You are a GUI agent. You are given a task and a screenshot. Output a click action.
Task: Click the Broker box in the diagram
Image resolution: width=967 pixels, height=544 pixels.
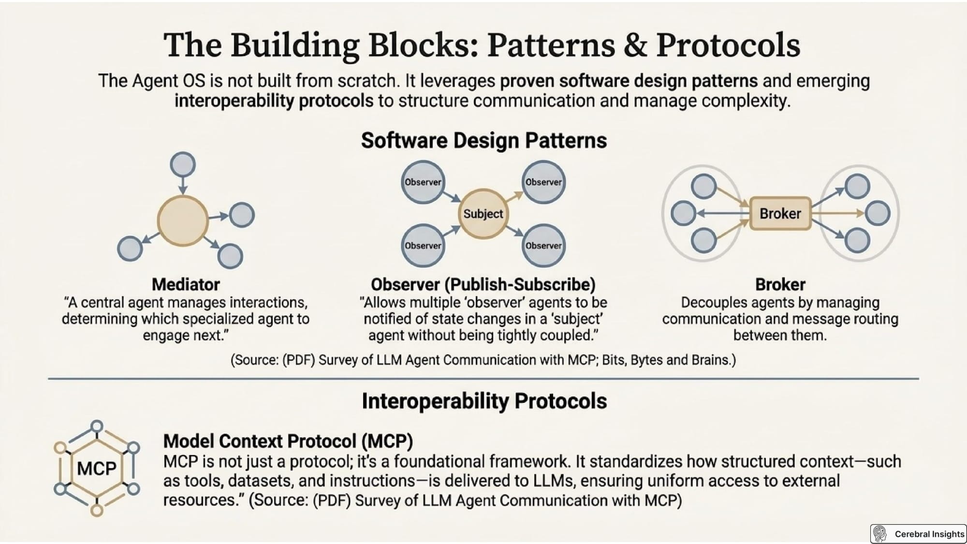tap(780, 213)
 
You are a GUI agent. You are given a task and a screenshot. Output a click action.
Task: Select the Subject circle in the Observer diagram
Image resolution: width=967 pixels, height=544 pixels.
tap(483, 213)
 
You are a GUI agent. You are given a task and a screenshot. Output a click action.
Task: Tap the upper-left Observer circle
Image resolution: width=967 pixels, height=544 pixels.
tap(423, 182)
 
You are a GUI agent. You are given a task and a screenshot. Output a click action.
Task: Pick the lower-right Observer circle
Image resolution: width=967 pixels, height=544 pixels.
tap(543, 245)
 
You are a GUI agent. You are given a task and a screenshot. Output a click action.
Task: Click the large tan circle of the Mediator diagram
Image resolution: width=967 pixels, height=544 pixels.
tap(183, 221)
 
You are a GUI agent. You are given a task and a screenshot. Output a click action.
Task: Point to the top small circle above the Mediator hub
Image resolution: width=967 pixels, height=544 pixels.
tap(183, 164)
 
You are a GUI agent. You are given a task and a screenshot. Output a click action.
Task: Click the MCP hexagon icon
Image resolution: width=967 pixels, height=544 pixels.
tap(97, 468)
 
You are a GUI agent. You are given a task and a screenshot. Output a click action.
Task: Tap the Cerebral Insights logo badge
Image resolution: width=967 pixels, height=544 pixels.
tap(918, 534)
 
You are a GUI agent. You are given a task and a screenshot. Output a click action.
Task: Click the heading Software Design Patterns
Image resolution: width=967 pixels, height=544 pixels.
tap(484, 141)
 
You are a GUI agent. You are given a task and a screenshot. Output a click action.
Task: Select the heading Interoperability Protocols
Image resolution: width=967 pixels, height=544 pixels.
tap(484, 401)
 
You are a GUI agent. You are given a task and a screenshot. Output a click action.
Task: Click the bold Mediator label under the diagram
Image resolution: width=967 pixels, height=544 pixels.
tap(186, 284)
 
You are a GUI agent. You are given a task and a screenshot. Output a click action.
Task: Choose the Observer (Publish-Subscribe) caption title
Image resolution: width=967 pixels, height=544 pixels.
tap(483, 284)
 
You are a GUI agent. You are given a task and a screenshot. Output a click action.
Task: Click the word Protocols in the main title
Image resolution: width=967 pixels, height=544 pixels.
tap(728, 45)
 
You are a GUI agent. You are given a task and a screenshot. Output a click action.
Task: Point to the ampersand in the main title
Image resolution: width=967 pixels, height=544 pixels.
tap(635, 45)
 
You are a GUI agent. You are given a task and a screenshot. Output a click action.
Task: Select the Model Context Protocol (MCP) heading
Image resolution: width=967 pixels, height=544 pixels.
tap(288, 441)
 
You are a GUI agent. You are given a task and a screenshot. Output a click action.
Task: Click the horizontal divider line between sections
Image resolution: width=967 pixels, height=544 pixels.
tap(483, 379)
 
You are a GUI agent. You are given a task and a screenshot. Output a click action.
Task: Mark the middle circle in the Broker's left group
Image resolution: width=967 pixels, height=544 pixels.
tap(683, 213)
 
